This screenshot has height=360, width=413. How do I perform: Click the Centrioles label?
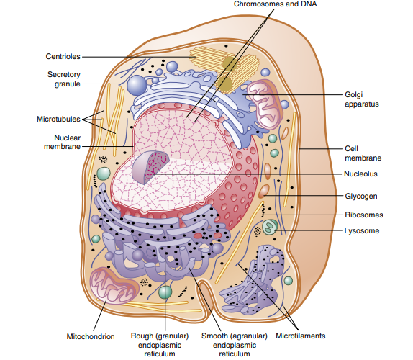tap(63, 56)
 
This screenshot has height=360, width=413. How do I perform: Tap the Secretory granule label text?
tap(64, 79)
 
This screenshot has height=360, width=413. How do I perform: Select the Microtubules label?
tap(58, 119)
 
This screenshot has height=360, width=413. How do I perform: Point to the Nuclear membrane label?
tap(62, 142)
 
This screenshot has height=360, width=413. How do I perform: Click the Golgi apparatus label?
tap(362, 99)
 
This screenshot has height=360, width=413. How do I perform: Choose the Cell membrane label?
tap(363, 153)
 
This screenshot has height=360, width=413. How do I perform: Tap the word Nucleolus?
tap(360, 174)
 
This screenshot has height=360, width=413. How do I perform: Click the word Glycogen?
tap(361, 196)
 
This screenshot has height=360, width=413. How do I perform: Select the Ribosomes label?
tap(364, 215)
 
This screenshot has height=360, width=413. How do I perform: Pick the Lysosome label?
tap(362, 231)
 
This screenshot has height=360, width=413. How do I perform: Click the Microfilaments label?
tap(301, 336)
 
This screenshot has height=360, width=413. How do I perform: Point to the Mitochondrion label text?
tap(91, 336)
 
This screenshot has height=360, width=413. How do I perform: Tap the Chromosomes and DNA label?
tap(276, 4)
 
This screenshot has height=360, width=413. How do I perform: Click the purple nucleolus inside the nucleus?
tap(150, 167)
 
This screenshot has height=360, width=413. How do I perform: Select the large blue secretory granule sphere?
tap(137, 85)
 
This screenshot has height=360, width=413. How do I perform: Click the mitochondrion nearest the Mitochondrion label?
tap(114, 286)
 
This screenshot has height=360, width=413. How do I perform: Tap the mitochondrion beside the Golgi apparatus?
tap(265, 104)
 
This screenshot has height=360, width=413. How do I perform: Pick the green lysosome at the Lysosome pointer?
tap(270, 228)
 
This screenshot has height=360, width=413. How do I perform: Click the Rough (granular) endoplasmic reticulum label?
tap(160, 345)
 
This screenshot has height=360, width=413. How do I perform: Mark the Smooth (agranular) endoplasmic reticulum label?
tap(235, 345)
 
